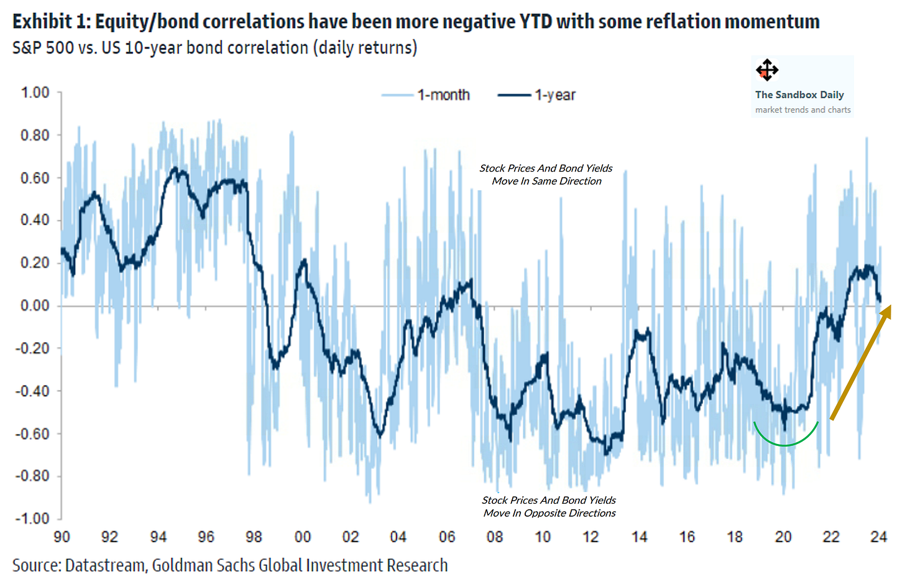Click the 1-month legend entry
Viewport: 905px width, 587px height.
coord(426,95)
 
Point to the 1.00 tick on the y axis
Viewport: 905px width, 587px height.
coord(35,93)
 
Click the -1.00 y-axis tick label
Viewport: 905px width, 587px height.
coord(32,519)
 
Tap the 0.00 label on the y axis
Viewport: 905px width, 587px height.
coord(35,305)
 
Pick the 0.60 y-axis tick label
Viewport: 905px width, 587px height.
coord(35,178)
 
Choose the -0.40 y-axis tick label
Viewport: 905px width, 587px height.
coord(32,391)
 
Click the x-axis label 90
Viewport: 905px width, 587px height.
coord(62,537)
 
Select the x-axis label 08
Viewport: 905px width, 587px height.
coord(495,537)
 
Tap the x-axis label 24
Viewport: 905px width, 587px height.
coord(878,537)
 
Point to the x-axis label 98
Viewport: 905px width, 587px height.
coord(254,537)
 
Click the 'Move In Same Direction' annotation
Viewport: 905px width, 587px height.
coord(546,181)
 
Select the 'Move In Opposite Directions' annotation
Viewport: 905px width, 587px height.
coord(549,513)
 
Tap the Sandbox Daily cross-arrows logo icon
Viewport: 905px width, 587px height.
coord(767,70)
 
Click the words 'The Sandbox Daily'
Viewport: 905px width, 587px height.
coord(799,95)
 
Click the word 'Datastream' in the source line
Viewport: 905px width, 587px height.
coord(105,565)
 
